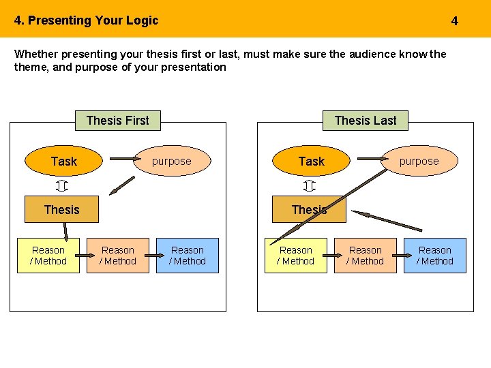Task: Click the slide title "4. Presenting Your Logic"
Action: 86,20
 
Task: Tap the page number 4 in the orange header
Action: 455,21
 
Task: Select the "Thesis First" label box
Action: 117,121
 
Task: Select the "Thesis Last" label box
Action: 366,121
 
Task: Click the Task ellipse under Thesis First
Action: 63,162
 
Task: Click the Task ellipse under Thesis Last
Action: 311,162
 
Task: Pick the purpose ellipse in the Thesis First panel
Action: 172,162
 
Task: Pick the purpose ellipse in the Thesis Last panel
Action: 419,162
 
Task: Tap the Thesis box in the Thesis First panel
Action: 61,209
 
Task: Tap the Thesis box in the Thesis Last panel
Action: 309,209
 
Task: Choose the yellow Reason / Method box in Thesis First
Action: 48,256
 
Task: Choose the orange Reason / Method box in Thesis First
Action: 118,256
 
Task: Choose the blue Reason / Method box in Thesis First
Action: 188,256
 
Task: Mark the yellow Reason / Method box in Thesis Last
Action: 296,256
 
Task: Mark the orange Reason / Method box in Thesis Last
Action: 366,256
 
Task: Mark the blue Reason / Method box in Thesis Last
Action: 435,256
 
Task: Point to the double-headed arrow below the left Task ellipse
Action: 62,186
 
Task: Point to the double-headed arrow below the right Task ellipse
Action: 309,186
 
